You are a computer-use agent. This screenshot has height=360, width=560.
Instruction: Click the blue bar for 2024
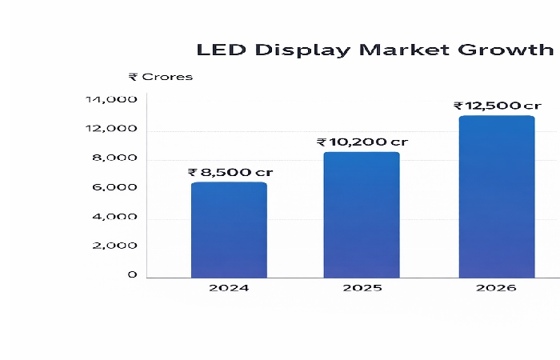tap(229, 230)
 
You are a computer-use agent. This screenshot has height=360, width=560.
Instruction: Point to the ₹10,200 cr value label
tap(362, 142)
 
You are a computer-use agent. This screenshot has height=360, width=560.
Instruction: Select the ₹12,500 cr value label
tap(497, 106)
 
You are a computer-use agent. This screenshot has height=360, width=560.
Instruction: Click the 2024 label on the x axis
tap(228, 287)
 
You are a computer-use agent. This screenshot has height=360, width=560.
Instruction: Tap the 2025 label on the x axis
tap(362, 287)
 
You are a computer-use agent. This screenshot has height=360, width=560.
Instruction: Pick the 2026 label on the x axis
tap(496, 287)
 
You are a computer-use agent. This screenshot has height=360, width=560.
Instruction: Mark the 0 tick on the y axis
tap(132, 275)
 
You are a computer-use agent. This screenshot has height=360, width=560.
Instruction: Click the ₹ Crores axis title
tap(160, 77)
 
